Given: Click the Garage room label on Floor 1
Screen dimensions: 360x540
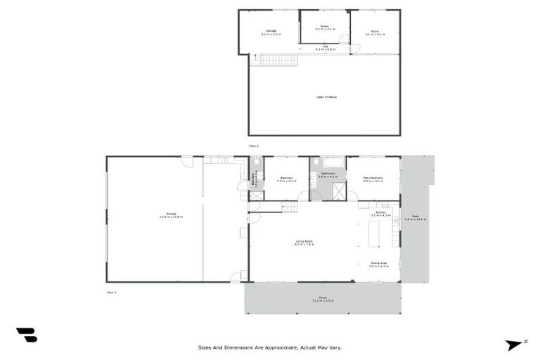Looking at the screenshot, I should coord(171,214).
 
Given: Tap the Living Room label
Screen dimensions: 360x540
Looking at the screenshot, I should coord(304,243).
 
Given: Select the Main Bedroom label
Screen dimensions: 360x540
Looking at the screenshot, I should coord(373,179).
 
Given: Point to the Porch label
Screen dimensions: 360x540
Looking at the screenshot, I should coord(323,298).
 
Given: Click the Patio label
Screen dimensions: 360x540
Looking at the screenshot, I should coord(416,219).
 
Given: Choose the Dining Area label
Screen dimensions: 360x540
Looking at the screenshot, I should coord(379,264).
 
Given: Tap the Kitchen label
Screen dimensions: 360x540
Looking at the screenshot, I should coord(380,214).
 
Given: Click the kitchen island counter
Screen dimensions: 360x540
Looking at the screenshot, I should coord(373,233).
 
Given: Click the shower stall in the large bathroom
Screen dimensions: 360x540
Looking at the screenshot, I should coord(339,191).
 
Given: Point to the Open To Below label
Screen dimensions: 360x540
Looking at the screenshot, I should coord(326,96).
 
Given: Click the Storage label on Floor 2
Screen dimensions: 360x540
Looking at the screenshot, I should coord(271,32).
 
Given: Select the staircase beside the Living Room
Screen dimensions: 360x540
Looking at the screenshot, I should coord(290,207).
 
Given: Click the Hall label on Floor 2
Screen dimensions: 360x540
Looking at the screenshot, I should coord(325,48).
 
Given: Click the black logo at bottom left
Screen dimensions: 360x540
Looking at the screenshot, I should coord(26,335).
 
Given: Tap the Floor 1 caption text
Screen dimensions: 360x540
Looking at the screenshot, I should coord(111,291).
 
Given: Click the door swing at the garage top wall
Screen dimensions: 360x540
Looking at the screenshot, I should coord(187,162).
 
